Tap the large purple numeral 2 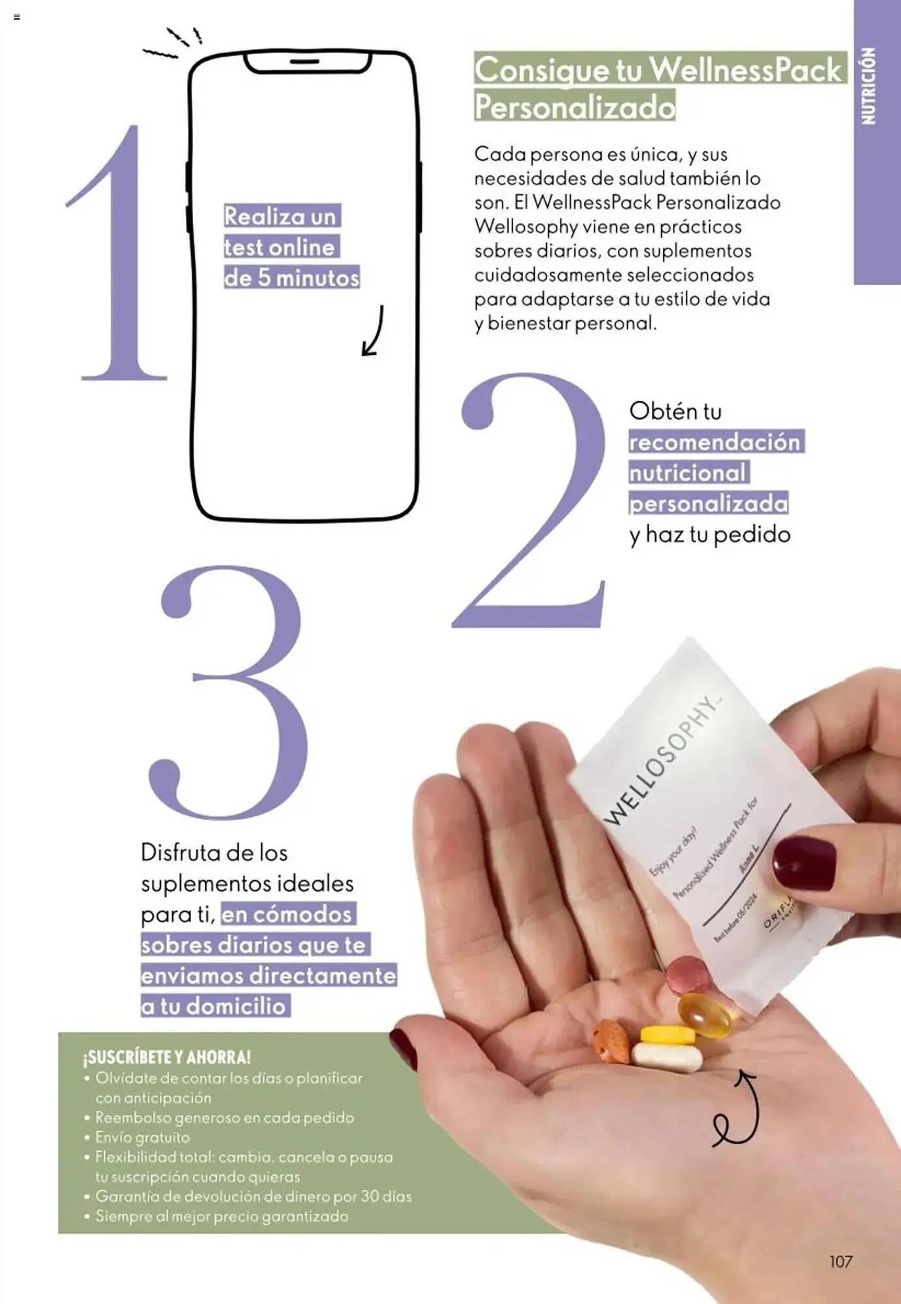coord(531,502)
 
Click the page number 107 coord(840,1262)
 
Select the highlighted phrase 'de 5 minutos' coord(291,278)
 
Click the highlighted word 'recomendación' coord(715,442)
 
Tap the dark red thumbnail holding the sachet coord(804,863)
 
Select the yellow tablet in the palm coord(666,1034)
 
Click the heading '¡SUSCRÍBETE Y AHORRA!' coord(167,1057)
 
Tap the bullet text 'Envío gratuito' coord(143,1138)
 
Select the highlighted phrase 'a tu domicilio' coord(214,1006)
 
